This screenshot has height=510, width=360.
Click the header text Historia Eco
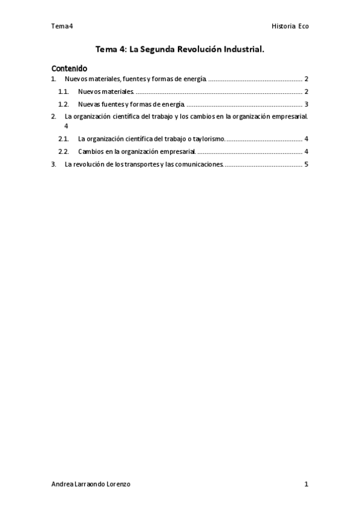[x=290, y=26]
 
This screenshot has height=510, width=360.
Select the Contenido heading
[x=69, y=68]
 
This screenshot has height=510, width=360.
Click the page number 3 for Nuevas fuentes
[x=306, y=104]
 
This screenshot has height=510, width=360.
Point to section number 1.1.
[x=64, y=91]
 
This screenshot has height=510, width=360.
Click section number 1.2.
[x=64, y=104]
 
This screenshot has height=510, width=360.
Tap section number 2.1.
[x=64, y=138]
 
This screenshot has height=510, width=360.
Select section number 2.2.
[x=64, y=151]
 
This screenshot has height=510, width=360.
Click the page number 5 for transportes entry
[x=306, y=164]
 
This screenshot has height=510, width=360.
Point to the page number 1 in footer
[x=306, y=484]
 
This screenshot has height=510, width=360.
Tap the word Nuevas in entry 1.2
[x=89, y=104]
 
